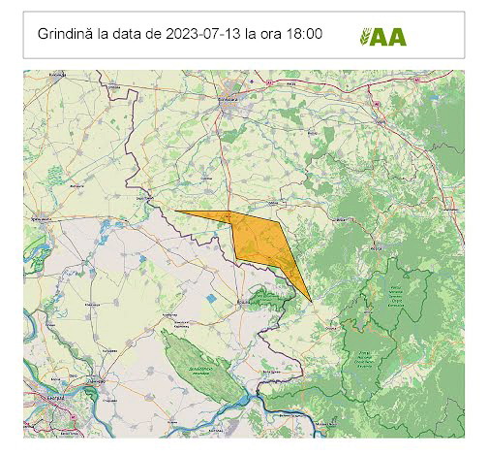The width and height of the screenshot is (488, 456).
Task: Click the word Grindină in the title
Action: (65, 34)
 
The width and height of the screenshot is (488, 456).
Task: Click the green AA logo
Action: (382, 37)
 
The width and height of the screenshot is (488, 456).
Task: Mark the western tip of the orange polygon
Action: (176, 211)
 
